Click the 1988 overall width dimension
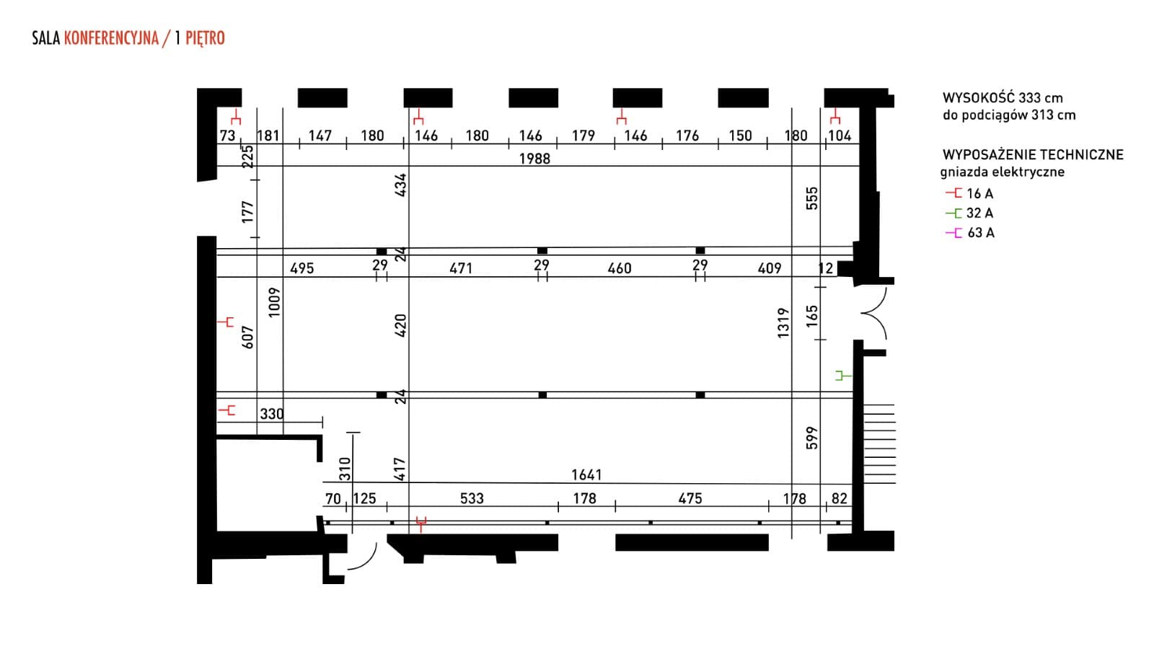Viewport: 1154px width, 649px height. click(x=534, y=159)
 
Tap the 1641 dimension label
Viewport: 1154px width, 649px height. click(x=586, y=474)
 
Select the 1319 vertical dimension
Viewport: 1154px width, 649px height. click(x=783, y=322)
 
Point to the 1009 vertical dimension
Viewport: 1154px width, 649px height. click(x=273, y=302)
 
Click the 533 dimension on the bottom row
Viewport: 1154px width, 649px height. click(x=472, y=498)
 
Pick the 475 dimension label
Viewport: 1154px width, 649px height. click(x=690, y=498)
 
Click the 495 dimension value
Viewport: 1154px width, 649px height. click(x=301, y=268)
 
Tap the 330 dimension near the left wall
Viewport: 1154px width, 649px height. click(x=271, y=414)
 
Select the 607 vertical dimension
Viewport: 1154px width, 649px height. click(x=248, y=337)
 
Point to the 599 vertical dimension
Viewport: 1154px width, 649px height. click(x=812, y=438)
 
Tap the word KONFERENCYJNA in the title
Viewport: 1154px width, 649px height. click(x=111, y=38)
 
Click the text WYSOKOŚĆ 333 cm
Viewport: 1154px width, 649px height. click(x=1003, y=98)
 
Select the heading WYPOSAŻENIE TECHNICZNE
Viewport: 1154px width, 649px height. click(x=1033, y=154)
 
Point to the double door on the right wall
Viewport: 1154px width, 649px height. click(x=874, y=314)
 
